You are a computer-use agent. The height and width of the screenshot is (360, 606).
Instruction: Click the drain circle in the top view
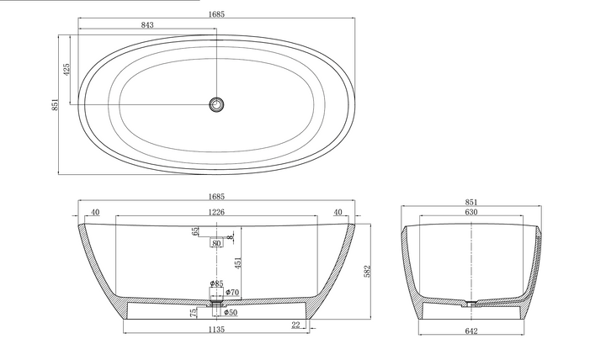pyautogui.click(x=217, y=105)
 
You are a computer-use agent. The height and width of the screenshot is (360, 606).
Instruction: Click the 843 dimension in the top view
pyautogui.click(x=147, y=24)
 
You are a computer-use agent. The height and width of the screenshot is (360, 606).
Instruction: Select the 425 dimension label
pyautogui.click(x=66, y=70)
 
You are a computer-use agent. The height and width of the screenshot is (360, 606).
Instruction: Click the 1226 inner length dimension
pyautogui.click(x=217, y=213)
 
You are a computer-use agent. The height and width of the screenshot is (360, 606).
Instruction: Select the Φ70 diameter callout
pyautogui.click(x=232, y=292)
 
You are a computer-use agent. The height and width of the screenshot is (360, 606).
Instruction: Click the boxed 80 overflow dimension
pyautogui.click(x=216, y=244)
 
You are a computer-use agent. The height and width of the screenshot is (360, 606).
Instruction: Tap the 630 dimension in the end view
pyautogui.click(x=471, y=213)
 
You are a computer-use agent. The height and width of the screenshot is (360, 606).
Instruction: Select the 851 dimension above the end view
pyautogui.click(x=471, y=201)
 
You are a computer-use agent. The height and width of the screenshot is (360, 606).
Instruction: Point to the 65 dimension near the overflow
pyautogui.click(x=195, y=231)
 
